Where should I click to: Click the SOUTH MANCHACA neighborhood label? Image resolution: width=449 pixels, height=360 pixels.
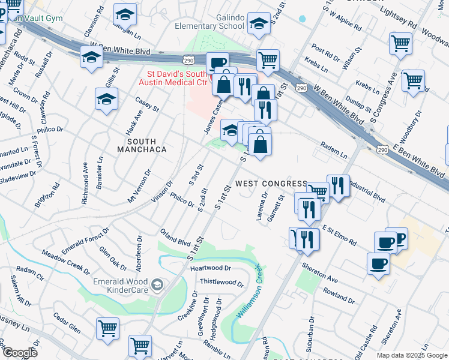coord(141,145)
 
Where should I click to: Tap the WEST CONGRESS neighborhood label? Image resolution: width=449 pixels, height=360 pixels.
coord(271,183)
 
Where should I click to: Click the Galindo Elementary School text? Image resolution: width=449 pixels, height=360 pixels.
coord(209,22)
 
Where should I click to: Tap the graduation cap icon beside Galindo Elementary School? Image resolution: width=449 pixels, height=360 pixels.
coord(259,23)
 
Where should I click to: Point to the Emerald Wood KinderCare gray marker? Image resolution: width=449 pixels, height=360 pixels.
coord(157,284)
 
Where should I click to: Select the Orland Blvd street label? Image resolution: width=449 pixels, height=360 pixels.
coord(175,238)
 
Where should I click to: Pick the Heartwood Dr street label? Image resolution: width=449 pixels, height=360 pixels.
coord(210,268)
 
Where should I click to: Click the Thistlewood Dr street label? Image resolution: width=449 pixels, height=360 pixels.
coord(221,282)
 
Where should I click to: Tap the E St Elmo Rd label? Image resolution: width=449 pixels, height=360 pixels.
coord(340,235)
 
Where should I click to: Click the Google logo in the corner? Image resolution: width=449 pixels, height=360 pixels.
coord(19,353)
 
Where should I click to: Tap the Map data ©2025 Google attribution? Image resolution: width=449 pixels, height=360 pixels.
coord(411,355)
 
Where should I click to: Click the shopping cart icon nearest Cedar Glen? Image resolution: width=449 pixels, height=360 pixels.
coord(107,328)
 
